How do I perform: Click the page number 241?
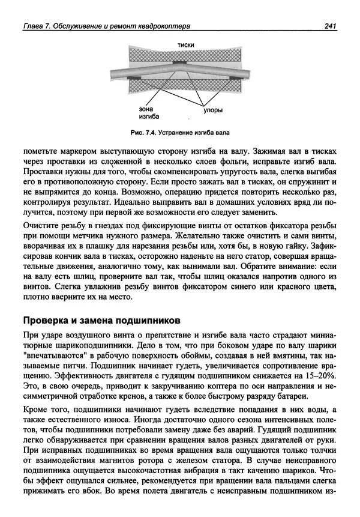click(x=329, y=26)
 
